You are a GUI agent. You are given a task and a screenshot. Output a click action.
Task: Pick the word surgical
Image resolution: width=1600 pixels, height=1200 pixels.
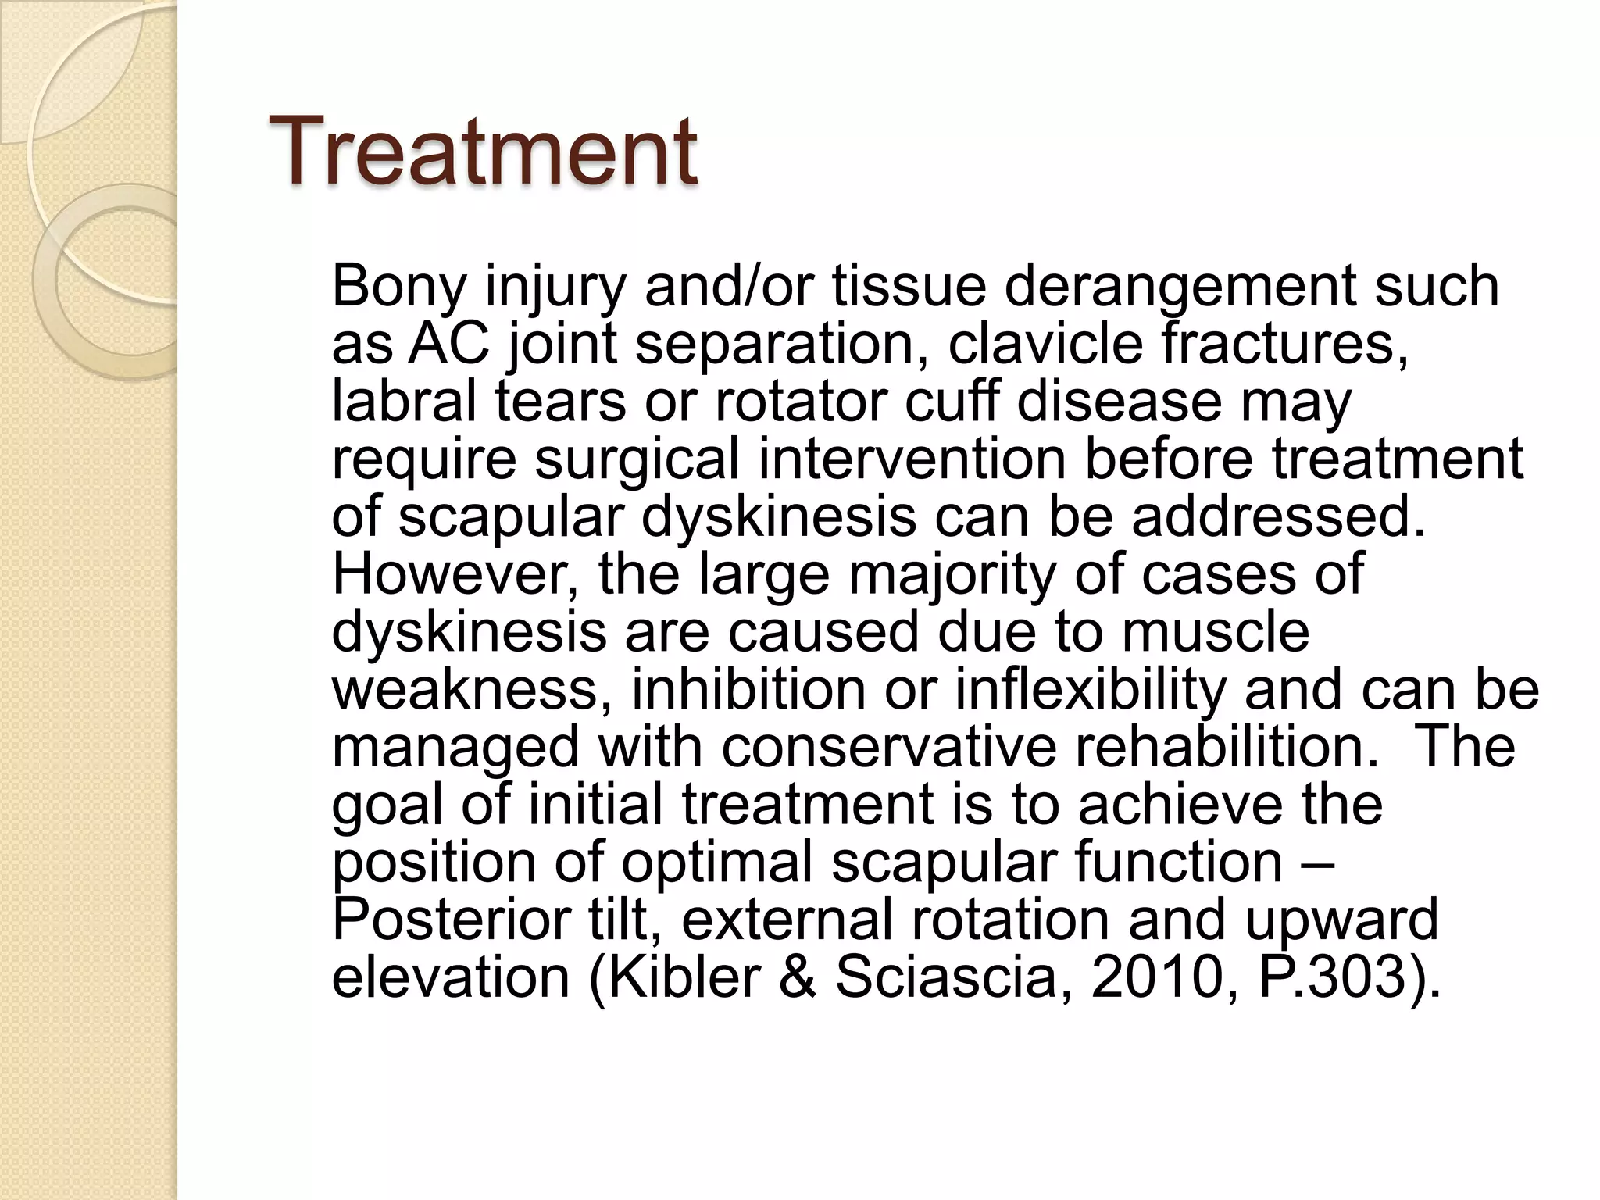point(636,459)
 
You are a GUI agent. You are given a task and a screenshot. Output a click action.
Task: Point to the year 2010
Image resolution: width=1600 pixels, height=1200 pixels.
point(1155,978)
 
